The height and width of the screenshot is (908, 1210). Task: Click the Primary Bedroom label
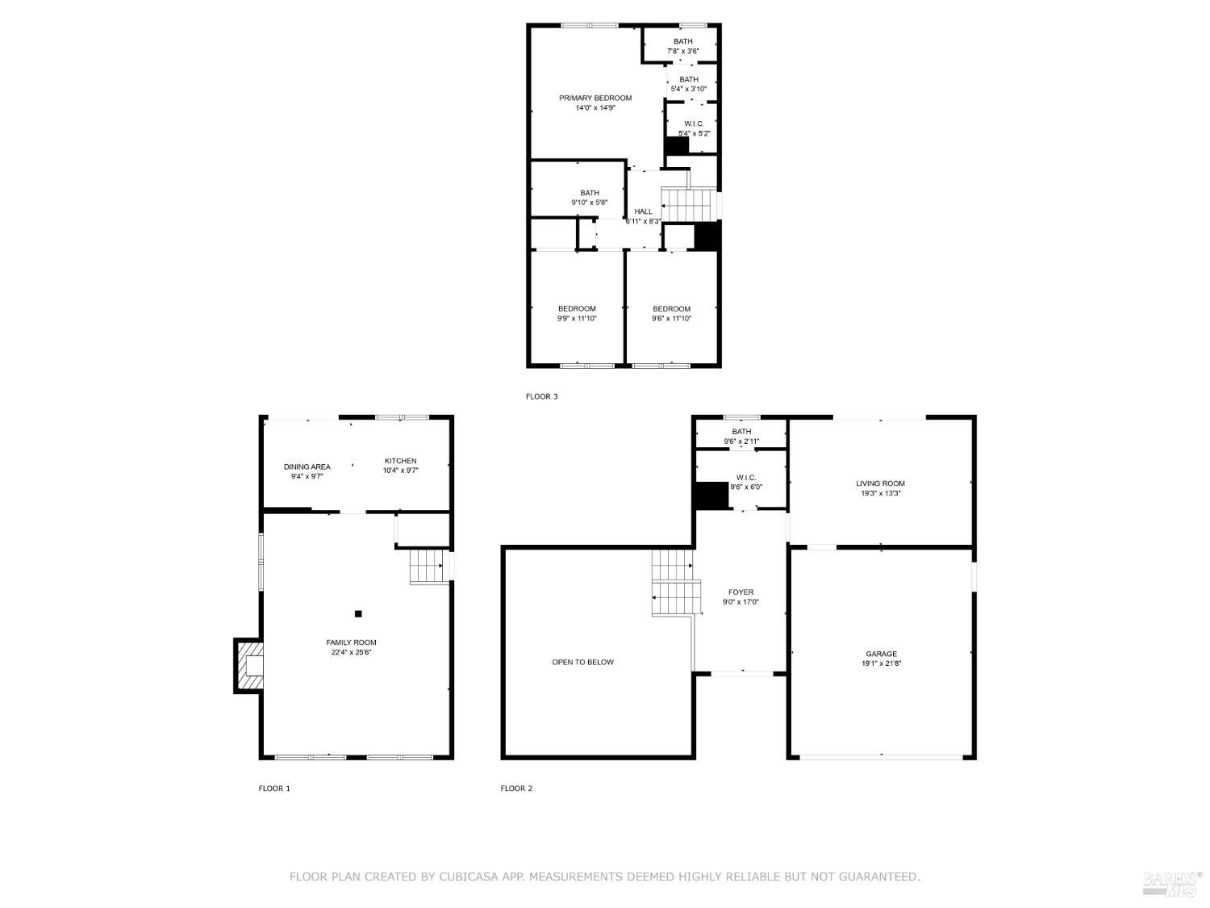click(595, 98)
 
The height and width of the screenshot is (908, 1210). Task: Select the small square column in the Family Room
click(358, 613)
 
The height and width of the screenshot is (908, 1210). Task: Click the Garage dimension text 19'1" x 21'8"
click(881, 663)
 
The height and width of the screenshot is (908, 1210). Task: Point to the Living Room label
click(880, 483)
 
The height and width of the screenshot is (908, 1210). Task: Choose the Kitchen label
click(400, 461)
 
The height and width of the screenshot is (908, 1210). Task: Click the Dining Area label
click(307, 467)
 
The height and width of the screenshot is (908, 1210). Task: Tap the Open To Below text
click(582, 662)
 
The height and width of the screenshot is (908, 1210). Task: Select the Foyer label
click(741, 592)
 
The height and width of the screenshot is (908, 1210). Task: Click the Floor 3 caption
click(541, 396)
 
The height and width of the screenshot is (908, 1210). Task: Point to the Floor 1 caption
click(274, 789)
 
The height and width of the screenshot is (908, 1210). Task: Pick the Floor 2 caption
click(516, 789)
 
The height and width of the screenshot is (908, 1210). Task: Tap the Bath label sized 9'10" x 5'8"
click(590, 193)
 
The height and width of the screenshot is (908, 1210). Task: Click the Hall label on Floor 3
click(643, 211)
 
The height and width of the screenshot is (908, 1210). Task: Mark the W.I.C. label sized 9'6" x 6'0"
click(745, 477)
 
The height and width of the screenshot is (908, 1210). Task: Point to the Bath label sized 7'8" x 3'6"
click(682, 42)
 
